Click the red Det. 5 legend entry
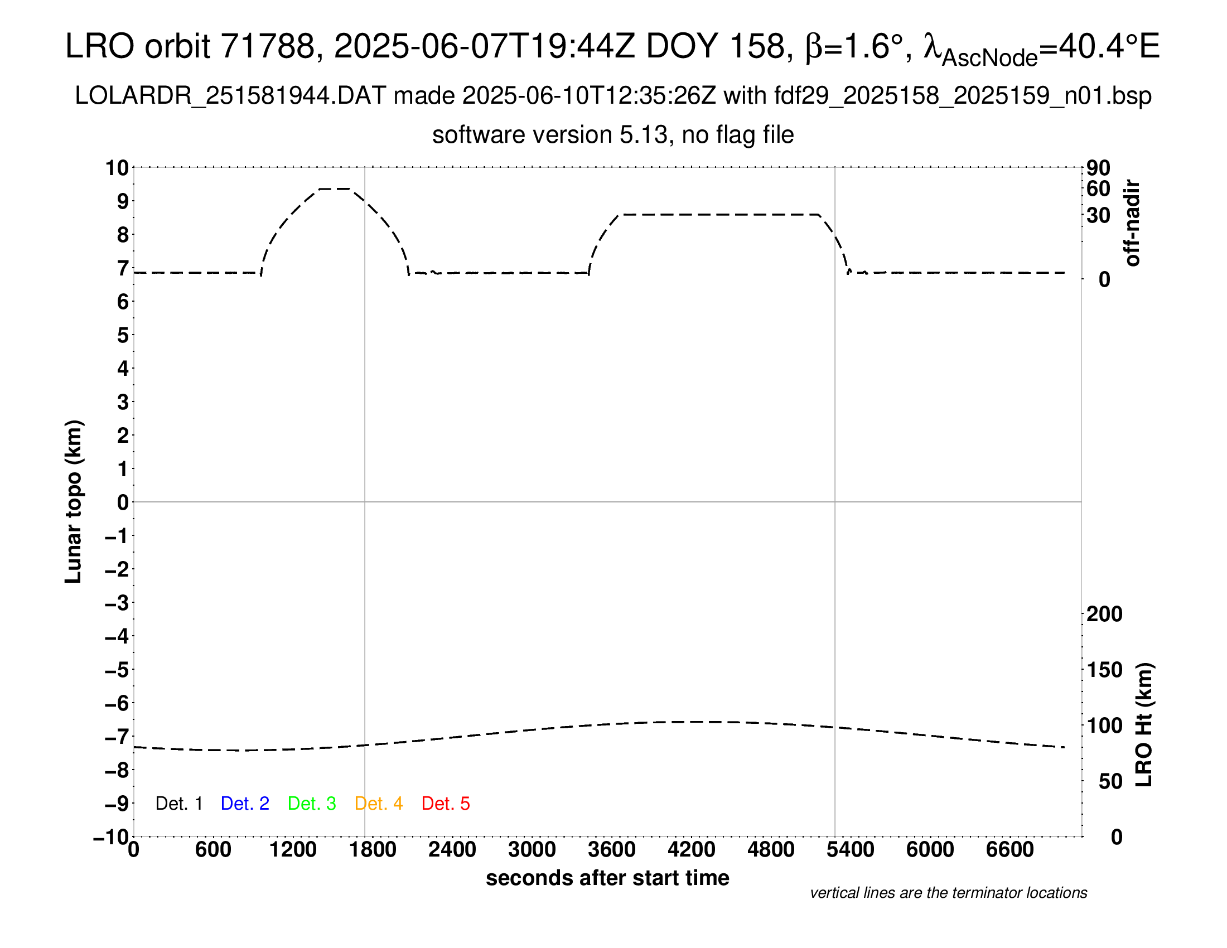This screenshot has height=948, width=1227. point(446,804)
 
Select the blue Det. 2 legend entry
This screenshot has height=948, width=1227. point(245,804)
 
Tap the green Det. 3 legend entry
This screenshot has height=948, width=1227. point(312,804)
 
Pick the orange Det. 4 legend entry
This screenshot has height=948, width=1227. point(379,804)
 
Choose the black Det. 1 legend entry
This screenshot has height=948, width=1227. point(178,804)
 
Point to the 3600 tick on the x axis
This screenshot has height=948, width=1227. point(612,850)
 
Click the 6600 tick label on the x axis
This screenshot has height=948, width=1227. point(1010,850)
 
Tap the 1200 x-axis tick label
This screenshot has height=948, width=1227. point(293,850)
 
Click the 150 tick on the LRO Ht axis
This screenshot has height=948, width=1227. point(1104,670)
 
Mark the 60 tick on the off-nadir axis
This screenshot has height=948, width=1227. point(1098,189)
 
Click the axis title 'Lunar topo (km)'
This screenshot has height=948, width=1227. point(74,501)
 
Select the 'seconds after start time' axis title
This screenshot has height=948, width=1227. point(607,878)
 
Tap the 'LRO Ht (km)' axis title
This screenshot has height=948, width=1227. point(1144,725)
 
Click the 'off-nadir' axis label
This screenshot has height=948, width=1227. point(1132,223)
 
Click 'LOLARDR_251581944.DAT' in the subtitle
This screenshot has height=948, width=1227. point(230,96)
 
